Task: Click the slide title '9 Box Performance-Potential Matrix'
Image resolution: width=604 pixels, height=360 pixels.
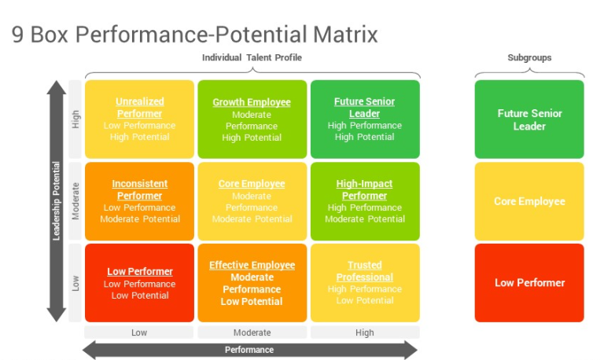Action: (195, 35)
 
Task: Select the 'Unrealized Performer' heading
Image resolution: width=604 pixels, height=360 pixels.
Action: (139, 108)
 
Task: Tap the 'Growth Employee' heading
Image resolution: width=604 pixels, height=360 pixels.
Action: (252, 102)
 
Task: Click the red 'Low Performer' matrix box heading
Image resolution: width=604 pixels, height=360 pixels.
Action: (139, 272)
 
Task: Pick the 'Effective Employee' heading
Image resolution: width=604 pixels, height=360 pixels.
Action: (252, 266)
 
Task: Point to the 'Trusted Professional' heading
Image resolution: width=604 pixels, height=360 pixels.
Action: (364, 271)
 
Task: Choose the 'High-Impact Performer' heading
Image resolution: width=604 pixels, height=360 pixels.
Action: (364, 189)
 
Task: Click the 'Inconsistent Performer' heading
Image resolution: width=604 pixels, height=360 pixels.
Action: (139, 189)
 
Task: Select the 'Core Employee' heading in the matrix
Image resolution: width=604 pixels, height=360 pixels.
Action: (252, 184)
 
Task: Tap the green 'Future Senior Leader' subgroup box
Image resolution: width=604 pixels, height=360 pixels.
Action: (529, 119)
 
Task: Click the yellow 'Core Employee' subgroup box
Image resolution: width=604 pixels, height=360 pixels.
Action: (529, 201)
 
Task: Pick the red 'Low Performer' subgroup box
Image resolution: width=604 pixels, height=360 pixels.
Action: (529, 283)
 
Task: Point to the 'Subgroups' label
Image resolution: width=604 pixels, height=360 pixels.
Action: (529, 57)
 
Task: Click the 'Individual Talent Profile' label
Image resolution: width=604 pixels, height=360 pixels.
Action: (252, 57)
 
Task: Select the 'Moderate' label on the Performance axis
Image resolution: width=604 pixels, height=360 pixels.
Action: (252, 332)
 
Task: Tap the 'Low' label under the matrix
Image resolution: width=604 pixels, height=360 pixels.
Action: (139, 332)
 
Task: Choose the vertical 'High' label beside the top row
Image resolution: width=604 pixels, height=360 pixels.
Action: (75, 119)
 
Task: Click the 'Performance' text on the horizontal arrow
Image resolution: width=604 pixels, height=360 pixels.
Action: (249, 350)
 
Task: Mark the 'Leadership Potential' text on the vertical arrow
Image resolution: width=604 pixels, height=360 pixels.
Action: (57, 201)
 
